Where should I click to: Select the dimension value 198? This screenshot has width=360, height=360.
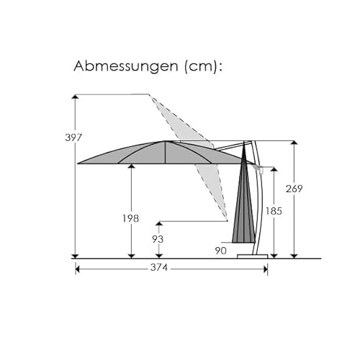[131, 218]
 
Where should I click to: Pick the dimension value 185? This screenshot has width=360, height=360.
[274, 212]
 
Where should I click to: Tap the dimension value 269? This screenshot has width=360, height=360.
[294, 189]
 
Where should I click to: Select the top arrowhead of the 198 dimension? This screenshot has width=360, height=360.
[131, 166]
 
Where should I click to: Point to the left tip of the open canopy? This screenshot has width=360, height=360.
[78, 163]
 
